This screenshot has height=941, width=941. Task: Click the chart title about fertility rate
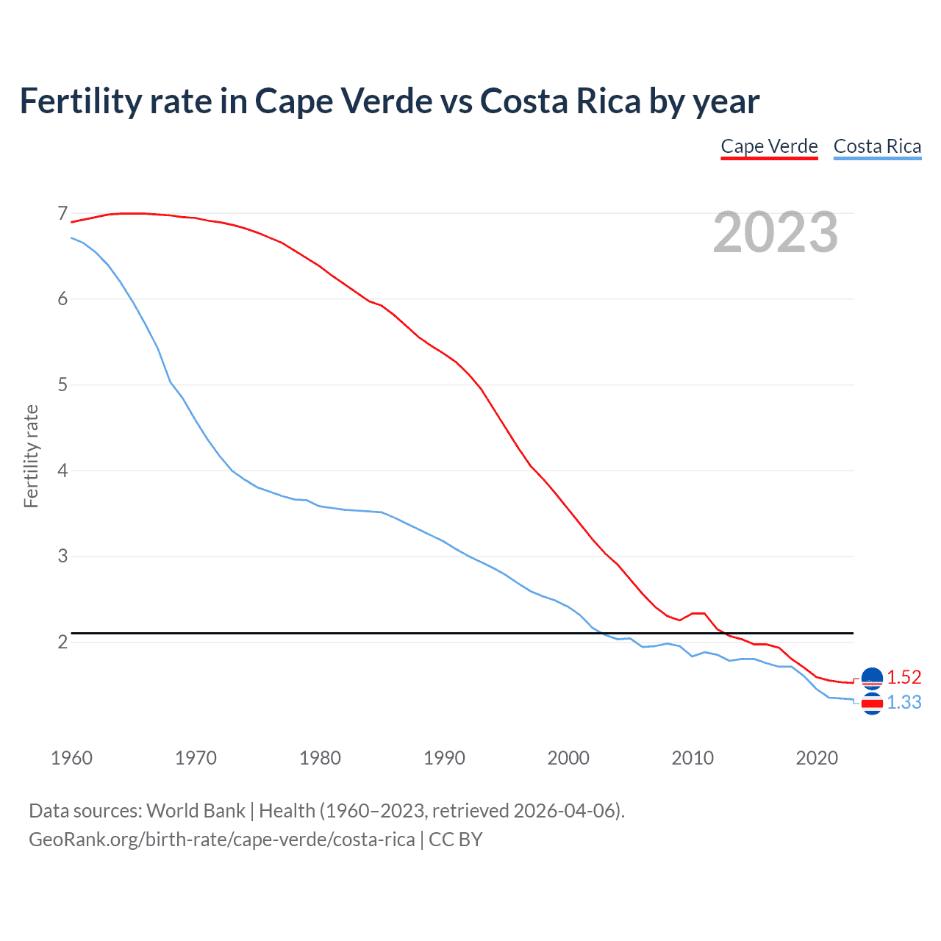[389, 101]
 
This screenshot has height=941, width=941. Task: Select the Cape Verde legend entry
[769, 146]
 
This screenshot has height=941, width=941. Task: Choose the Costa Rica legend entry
[877, 146]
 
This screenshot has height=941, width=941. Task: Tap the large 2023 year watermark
[776, 232]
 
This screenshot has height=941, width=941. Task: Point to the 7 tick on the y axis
[62, 214]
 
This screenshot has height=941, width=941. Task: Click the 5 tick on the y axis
[62, 385]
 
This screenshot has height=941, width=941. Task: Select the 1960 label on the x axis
[71, 758]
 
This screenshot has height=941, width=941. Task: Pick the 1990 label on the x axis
[444, 758]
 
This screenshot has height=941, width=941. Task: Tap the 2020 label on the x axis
[817, 758]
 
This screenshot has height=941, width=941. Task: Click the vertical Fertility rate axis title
[31, 456]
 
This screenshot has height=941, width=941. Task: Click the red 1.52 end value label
[904, 677]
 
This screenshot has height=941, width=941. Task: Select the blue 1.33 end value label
[904, 702]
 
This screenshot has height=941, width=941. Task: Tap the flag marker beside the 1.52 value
[872, 679]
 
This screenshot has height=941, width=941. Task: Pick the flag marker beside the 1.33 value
[872, 704]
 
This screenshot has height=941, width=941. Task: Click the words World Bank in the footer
[196, 811]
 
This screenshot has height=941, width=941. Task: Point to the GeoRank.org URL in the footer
[221, 840]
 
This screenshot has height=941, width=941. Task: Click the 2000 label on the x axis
[568, 758]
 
